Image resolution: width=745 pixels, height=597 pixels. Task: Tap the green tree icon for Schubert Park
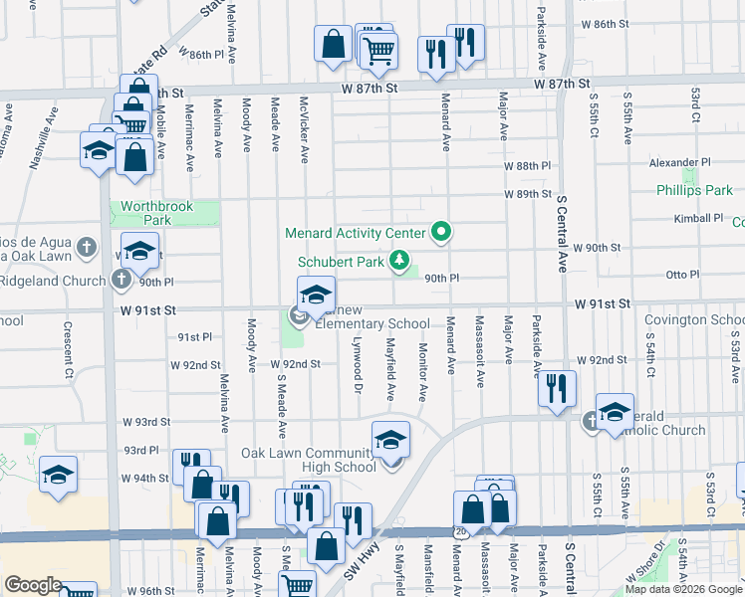[399, 262]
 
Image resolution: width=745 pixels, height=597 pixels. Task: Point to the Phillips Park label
[694, 190]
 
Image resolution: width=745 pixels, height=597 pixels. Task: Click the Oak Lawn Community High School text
[309, 460]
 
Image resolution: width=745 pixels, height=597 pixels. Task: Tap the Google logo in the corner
[33, 585]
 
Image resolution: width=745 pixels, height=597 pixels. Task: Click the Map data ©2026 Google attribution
[682, 589]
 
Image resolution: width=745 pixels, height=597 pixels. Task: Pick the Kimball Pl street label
[697, 218]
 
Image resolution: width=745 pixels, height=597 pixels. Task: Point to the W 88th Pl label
[527, 165]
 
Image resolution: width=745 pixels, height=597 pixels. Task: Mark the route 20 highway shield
[459, 532]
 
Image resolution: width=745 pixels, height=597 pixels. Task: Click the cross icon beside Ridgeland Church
[121, 280]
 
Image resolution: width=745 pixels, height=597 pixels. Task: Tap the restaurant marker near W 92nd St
[558, 388]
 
